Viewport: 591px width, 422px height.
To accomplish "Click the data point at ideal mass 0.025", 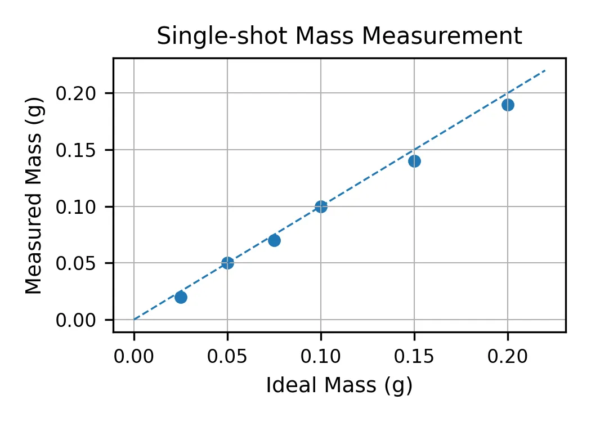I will point(181,297).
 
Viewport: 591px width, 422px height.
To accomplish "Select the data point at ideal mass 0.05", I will point(227,263).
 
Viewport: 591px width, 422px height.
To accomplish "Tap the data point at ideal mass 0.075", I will point(274,240).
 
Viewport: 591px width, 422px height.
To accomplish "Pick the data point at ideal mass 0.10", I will point(321,206).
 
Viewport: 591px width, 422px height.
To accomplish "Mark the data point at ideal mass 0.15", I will point(414,161).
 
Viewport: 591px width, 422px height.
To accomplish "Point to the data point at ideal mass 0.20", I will point(508,105).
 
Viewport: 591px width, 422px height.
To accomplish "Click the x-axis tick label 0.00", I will point(134,356).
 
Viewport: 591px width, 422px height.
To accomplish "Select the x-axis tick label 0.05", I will point(227,356).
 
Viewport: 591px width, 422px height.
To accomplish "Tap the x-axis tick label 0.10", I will point(321,356).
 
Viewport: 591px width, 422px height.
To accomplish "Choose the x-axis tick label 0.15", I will point(414,356).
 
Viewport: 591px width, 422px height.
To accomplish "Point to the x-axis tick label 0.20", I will point(508,356).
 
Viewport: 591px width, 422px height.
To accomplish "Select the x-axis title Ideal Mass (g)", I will point(339,385).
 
